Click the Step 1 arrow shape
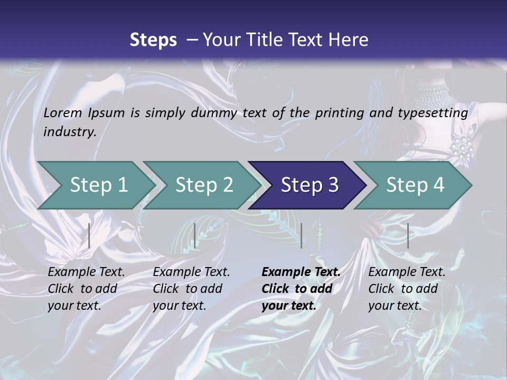[95, 185]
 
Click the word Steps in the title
[153, 40]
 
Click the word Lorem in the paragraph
[63, 113]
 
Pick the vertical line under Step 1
[89, 235]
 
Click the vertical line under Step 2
[195, 235]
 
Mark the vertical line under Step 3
[301, 235]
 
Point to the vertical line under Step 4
[408, 235]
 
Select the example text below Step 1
[86, 289]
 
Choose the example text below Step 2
[191, 289]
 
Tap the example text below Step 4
[407, 289]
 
